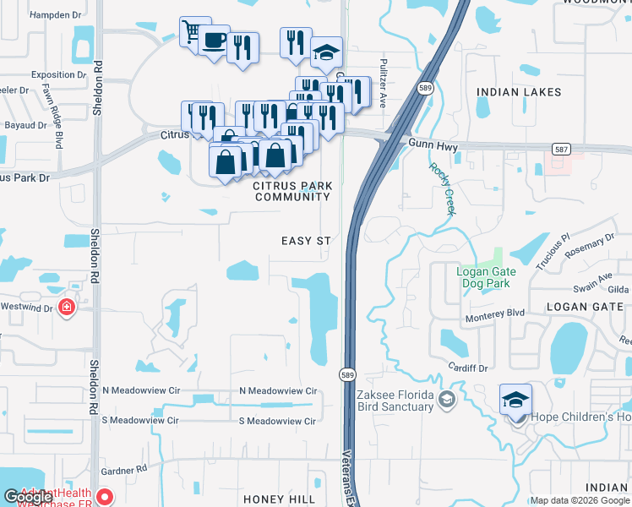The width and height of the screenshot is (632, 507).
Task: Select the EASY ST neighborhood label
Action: pyautogui.click(x=306, y=241)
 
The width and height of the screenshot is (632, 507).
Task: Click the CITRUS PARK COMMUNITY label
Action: pyautogui.click(x=292, y=191)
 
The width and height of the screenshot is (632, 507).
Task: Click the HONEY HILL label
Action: pyautogui.click(x=280, y=499)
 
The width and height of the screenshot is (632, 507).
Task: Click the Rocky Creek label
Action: pyautogui.click(x=442, y=188)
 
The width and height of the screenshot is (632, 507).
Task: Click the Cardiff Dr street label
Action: pyautogui.click(x=468, y=368)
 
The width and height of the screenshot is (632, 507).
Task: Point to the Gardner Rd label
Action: pyautogui.click(x=126, y=470)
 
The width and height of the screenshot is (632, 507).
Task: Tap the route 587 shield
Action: pyautogui.click(x=561, y=149)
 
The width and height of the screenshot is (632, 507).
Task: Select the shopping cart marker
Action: pyautogui.click(x=193, y=32)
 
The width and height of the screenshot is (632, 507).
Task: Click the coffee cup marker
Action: pyautogui.click(x=215, y=39)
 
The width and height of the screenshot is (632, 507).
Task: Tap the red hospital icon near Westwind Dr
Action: pyautogui.click(x=66, y=307)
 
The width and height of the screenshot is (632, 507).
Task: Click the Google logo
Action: pyautogui.click(x=28, y=497)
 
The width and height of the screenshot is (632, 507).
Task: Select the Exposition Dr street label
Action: pyautogui.click(x=59, y=74)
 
